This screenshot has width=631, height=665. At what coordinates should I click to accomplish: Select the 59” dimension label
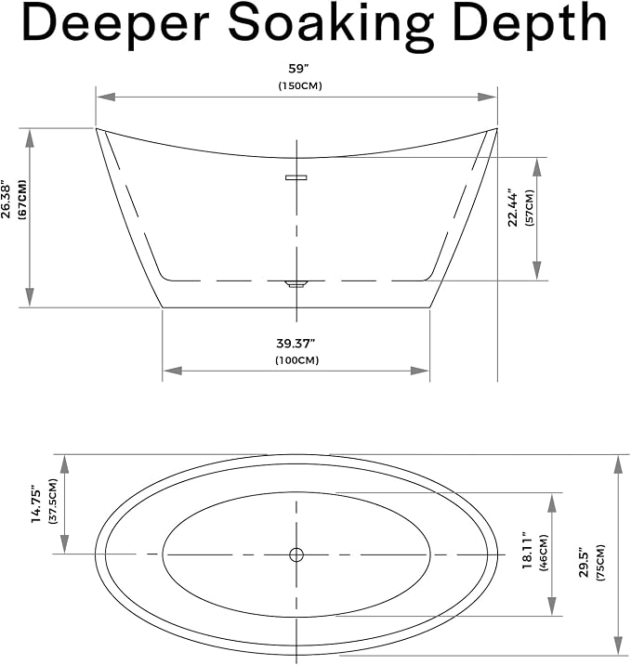(x=298, y=69)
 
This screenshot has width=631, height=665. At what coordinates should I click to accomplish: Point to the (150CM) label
(x=300, y=85)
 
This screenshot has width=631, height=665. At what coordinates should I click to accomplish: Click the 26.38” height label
(x=6, y=201)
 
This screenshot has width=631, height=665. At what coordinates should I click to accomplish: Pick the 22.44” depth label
(x=513, y=207)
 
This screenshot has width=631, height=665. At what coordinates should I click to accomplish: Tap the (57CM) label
(x=530, y=207)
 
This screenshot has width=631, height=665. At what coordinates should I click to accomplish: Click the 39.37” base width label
(x=296, y=343)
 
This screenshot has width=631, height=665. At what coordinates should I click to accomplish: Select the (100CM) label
(x=297, y=360)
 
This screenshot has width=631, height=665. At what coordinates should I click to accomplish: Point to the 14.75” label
(x=36, y=504)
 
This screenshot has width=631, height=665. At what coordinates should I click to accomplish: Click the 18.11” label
(x=527, y=550)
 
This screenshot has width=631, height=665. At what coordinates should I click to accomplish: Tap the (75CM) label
(x=600, y=563)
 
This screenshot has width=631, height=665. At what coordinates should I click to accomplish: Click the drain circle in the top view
(x=296, y=554)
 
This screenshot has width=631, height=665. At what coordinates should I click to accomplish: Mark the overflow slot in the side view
(x=296, y=177)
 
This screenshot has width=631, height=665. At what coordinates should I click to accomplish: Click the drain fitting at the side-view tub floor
(x=296, y=283)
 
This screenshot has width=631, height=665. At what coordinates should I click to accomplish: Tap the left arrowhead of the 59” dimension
(x=106, y=98)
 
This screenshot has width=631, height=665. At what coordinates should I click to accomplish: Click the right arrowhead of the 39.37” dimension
(x=420, y=372)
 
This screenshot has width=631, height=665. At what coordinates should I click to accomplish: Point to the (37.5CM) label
(x=53, y=502)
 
